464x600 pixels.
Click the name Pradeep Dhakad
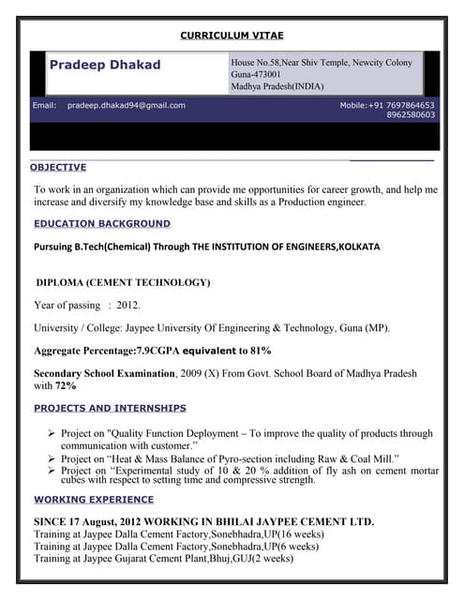(104, 65)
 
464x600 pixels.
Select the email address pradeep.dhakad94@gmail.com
(126, 106)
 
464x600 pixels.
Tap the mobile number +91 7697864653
(400, 106)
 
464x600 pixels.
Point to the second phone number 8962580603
(411, 115)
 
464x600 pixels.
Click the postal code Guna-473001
(255, 74)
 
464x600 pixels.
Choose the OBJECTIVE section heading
(58, 167)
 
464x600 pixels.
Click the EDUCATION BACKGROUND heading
(102, 223)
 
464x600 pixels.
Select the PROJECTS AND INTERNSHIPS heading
(110, 408)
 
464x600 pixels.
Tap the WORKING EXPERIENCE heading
(93, 500)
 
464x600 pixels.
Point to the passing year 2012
(128, 305)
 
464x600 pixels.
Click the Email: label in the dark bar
(45, 106)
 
